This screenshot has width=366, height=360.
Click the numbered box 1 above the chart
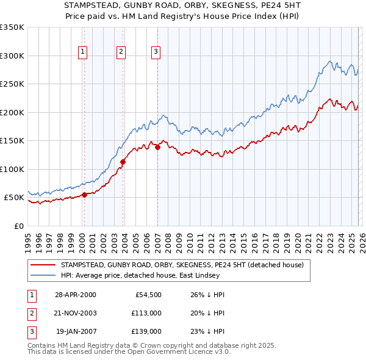click(82, 52)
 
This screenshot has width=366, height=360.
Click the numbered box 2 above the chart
click(121, 52)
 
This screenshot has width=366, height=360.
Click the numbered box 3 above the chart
click(156, 52)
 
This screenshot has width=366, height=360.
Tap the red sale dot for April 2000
click(84, 195)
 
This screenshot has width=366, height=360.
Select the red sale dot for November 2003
click(123, 162)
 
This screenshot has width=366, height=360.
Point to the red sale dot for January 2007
click(157, 147)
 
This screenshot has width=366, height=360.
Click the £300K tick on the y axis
click(12, 56)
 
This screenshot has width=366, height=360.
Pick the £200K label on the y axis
click(12, 112)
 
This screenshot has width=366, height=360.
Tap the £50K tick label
click(15, 198)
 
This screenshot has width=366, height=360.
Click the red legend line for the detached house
click(43, 265)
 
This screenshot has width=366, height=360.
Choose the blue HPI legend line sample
click(43, 275)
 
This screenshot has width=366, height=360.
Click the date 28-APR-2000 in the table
click(75, 295)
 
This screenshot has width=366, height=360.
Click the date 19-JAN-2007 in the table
click(75, 331)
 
